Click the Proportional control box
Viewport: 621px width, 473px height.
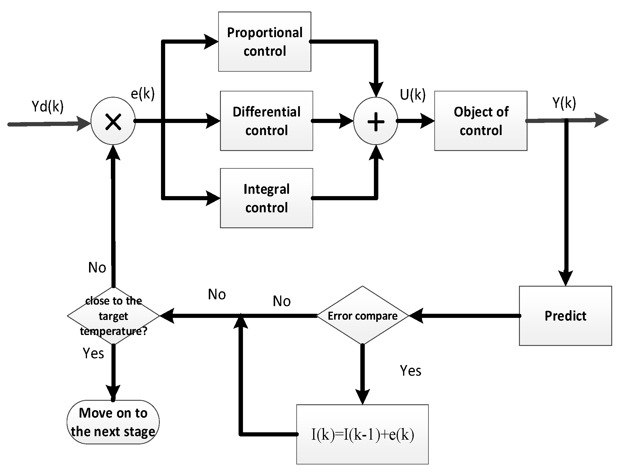[264, 42]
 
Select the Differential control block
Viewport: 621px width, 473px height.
[266, 121]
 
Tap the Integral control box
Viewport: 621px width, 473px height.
[266, 198]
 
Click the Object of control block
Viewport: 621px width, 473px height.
[481, 121]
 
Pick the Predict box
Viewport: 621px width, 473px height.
[565, 316]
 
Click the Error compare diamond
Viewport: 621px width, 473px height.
[362, 316]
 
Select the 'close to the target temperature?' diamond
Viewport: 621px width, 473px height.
[114, 316]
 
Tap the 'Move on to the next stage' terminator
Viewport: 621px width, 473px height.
[113, 422]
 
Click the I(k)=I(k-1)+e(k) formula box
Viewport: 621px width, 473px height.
[362, 434]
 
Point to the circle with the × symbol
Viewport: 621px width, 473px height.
[113, 121]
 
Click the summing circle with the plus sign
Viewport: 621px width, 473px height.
[376, 121]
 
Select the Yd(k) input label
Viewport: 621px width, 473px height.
[47, 106]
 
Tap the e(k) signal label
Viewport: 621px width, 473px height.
[143, 94]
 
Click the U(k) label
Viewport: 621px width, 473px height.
[413, 95]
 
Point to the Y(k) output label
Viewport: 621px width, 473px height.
[564, 103]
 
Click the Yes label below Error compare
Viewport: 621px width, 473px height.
[410, 371]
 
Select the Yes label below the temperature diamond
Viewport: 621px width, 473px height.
[93, 353]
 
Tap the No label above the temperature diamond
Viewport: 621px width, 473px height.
[97, 268]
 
